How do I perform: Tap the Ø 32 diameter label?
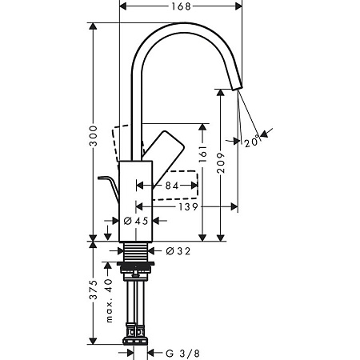tap(178, 251)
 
